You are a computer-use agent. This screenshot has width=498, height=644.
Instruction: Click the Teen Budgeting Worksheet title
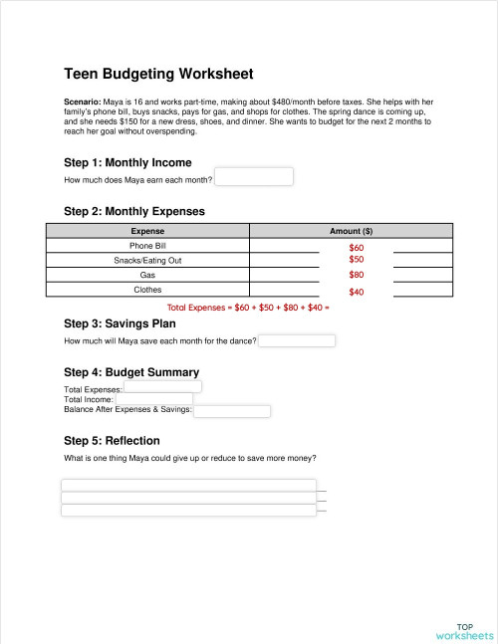(x=158, y=74)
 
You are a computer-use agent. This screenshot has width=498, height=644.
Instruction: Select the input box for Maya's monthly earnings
(x=254, y=177)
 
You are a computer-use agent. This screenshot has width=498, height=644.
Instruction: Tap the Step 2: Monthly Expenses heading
(x=133, y=211)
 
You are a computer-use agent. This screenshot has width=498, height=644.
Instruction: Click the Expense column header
(x=147, y=231)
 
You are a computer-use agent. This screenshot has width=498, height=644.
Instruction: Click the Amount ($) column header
(x=351, y=231)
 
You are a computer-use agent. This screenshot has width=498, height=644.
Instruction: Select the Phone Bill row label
(x=147, y=245)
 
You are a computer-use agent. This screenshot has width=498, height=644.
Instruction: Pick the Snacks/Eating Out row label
(x=147, y=260)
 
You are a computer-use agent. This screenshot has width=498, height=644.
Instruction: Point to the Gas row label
(x=147, y=275)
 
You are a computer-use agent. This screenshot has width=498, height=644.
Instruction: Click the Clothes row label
(x=147, y=290)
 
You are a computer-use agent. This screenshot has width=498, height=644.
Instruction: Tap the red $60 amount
(x=357, y=247)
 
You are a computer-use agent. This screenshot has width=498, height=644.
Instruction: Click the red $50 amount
(x=357, y=259)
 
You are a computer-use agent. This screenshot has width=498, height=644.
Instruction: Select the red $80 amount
(x=357, y=275)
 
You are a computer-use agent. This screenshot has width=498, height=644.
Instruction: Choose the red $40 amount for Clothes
(x=357, y=293)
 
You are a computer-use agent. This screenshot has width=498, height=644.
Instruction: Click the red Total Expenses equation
(x=248, y=308)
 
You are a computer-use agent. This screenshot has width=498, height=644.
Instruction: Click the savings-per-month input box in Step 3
(x=297, y=340)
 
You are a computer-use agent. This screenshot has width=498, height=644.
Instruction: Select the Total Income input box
(x=154, y=398)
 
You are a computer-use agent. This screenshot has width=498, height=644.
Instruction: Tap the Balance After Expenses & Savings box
(x=232, y=410)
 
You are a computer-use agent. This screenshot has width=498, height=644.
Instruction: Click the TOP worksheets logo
(x=464, y=630)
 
